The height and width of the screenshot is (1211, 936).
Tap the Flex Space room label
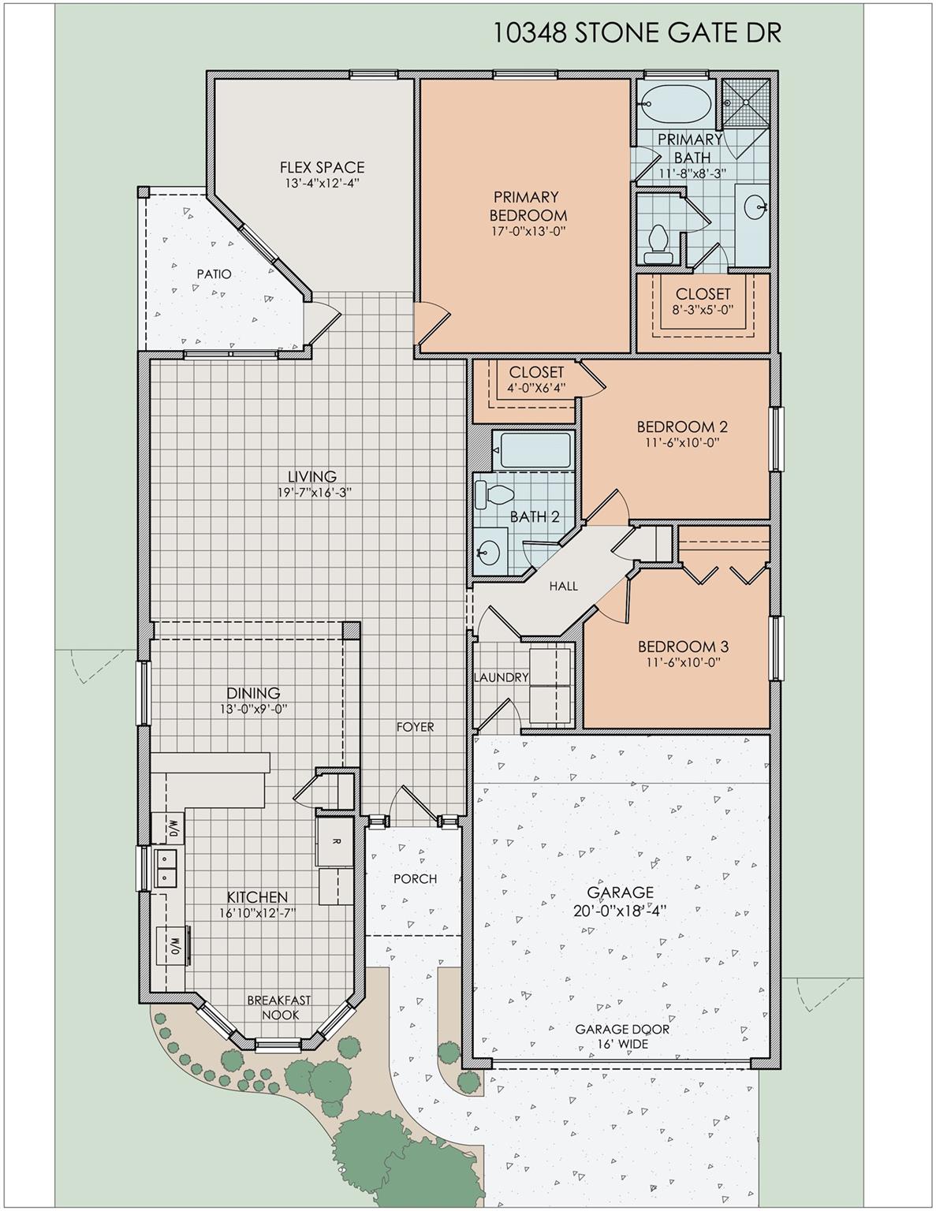point(322,167)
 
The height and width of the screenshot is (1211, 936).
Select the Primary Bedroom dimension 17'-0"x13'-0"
point(528,231)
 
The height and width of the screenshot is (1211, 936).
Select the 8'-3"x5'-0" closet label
point(703,309)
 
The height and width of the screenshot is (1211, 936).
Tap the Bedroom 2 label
point(682,427)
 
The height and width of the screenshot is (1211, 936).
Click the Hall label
point(563,586)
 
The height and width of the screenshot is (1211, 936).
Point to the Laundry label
point(501,677)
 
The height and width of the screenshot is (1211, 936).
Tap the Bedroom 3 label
point(682,646)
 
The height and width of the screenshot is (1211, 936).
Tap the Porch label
point(415,878)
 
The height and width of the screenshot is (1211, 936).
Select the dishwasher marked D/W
point(173,829)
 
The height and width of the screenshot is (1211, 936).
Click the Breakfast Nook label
point(278,1007)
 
